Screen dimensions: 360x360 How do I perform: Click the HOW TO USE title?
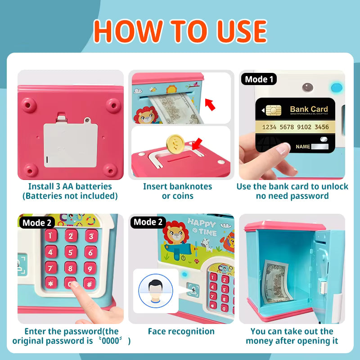tap(180, 31)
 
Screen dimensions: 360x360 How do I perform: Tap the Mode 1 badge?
tap(259, 80)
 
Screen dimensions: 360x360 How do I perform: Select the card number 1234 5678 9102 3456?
tap(295, 127)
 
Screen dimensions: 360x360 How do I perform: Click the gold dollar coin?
tap(175, 143)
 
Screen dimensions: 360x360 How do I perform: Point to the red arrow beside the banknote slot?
tap(210, 105)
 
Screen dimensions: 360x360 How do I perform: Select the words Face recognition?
tap(181, 332)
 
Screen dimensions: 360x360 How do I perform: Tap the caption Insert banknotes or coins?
tap(177, 191)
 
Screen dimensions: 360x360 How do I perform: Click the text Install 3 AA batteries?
tap(70, 186)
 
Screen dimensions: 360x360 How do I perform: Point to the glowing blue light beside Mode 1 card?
tap(334, 87)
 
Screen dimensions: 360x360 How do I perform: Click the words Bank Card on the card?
tap(309, 109)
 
